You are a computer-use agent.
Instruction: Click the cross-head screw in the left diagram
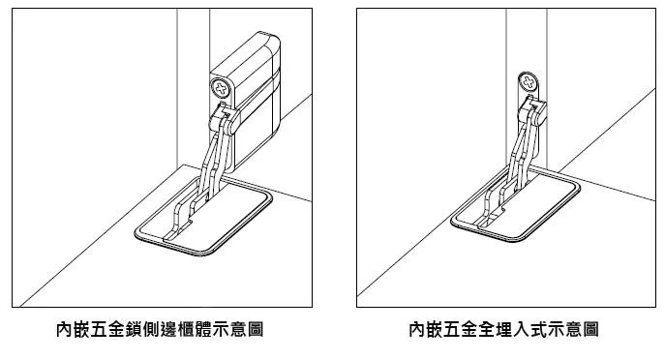point(221,89)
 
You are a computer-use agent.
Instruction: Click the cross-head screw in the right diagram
point(529,82)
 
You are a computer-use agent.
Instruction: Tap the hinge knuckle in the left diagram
point(225,119)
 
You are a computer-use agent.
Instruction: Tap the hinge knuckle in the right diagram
point(532,111)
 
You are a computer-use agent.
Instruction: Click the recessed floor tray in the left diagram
point(203,216)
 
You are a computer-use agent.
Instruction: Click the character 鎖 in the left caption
point(134,329)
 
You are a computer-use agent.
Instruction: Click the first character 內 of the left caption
point(65,329)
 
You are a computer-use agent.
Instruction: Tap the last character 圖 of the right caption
point(590,329)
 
